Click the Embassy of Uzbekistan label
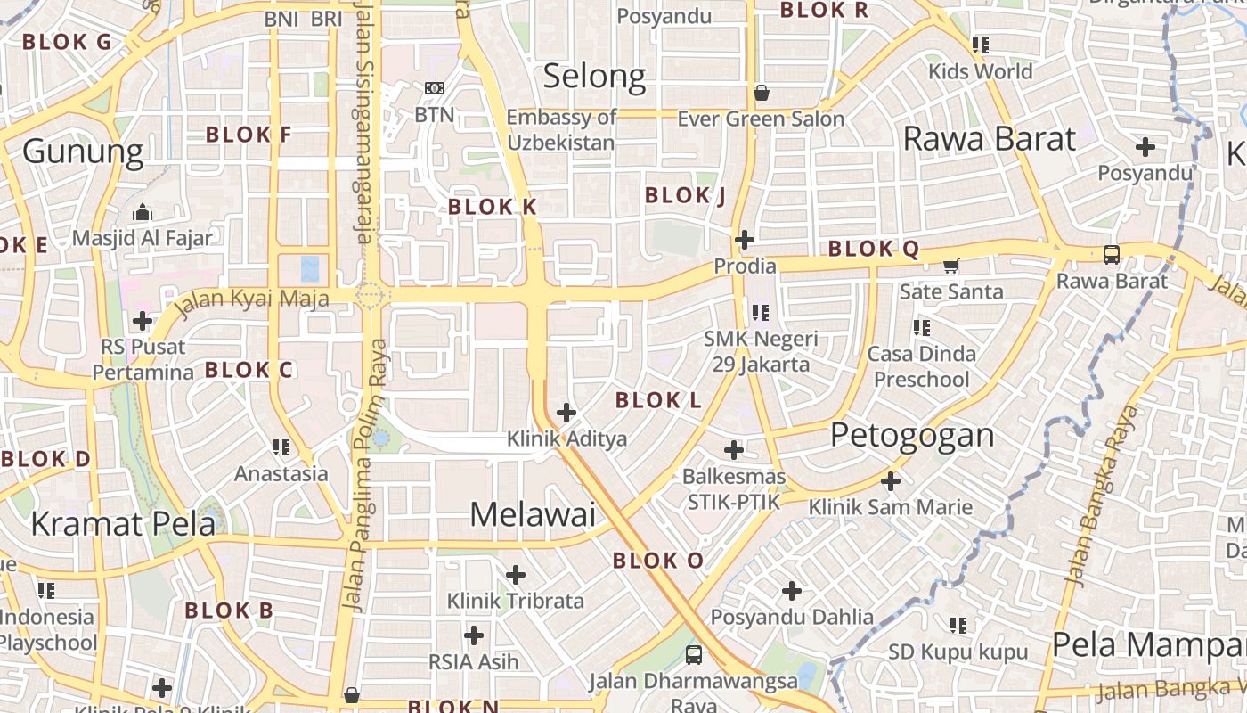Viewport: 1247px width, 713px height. tap(561, 130)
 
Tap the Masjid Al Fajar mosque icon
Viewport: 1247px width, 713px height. tap(143, 213)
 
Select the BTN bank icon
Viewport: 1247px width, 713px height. tap(435, 88)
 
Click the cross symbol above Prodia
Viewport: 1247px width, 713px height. tap(745, 240)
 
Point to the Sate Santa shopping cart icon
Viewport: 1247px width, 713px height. tap(951, 266)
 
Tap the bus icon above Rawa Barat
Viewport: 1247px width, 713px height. tap(1112, 255)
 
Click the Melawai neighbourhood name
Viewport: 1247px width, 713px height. tap(533, 514)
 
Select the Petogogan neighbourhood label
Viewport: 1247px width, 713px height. tap(912, 435)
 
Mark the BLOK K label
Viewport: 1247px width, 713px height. tap(493, 207)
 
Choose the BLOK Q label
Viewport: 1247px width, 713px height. tap(874, 250)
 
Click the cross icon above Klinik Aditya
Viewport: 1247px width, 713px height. tap(566, 413)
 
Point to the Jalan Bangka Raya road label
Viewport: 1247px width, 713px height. tap(1102, 496)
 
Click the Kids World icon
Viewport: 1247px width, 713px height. tap(981, 45)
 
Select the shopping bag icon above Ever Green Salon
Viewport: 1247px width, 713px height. tap(762, 92)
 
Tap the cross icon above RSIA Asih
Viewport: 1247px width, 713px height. tap(474, 635)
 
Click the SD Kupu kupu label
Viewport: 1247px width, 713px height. tap(958, 652)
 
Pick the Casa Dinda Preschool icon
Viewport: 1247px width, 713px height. tap(922, 328)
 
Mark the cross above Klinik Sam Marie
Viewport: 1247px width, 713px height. tap(891, 481)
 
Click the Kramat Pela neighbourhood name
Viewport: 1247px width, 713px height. tap(123, 523)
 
